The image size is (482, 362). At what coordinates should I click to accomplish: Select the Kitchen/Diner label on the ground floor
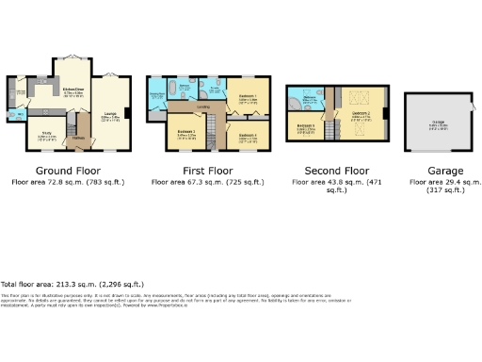(x=73, y=90)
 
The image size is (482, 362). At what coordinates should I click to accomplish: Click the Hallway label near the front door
(x=80, y=139)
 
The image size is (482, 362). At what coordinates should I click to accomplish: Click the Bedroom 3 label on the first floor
(x=186, y=134)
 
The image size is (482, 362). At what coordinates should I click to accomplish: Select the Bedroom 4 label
(x=248, y=136)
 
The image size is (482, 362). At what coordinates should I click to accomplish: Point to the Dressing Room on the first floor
(x=216, y=92)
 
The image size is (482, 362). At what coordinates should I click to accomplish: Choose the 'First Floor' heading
(x=207, y=171)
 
